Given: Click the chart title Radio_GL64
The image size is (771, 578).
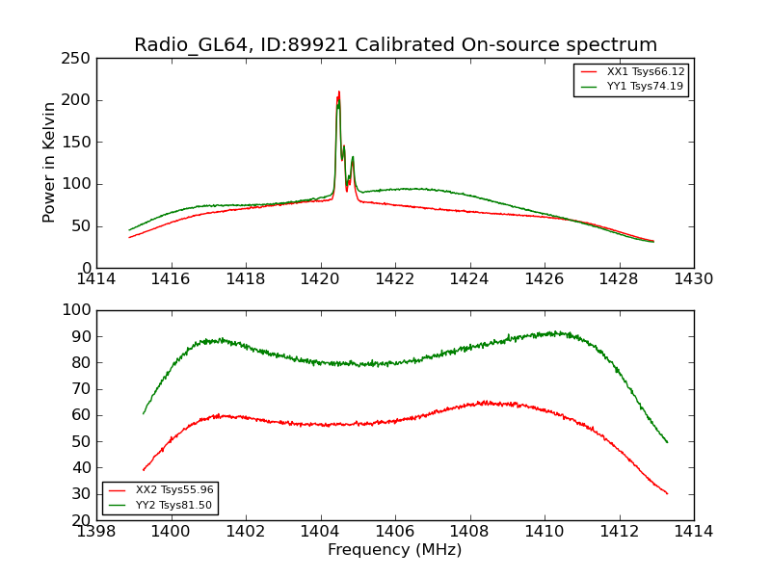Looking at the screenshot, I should pos(394,45).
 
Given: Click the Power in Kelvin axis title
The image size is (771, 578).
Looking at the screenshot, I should pos(49,163).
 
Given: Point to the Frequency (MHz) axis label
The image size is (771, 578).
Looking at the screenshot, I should pos(394,550).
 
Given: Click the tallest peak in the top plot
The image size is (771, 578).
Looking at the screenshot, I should pos(339,92).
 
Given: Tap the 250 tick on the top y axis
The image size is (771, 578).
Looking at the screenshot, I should pos(79,59).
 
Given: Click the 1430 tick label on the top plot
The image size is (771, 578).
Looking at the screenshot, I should pos(693,278).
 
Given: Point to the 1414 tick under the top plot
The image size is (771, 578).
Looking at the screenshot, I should pos(97,278).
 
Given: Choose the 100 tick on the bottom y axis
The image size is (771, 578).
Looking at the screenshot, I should pos(79,310).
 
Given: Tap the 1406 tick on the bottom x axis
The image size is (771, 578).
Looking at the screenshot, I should pos(395,531).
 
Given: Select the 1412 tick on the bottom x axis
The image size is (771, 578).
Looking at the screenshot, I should pos(619,531).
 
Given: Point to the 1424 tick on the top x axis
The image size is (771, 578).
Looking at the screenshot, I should pos(470,278).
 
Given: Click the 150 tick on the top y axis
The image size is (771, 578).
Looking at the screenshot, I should pos(79,143).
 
